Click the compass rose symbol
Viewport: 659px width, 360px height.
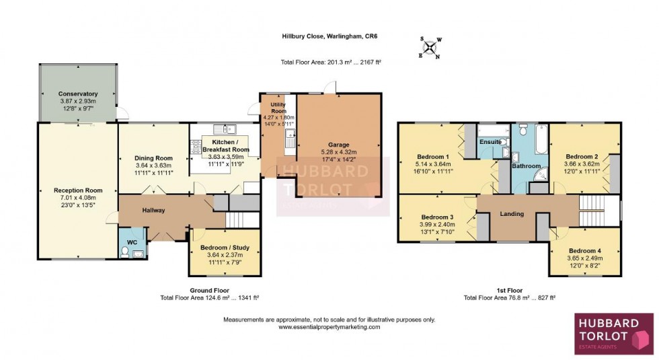(x=430, y=48)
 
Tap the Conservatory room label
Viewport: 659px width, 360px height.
(x=78, y=94)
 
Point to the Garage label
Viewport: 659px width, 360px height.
(x=339, y=144)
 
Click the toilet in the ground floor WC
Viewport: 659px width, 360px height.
(x=126, y=253)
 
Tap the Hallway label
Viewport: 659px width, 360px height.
(x=153, y=211)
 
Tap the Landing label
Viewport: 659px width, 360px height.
(x=512, y=214)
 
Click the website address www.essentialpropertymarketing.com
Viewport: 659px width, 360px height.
(x=329, y=327)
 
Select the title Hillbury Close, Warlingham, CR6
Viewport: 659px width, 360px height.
(x=330, y=37)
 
